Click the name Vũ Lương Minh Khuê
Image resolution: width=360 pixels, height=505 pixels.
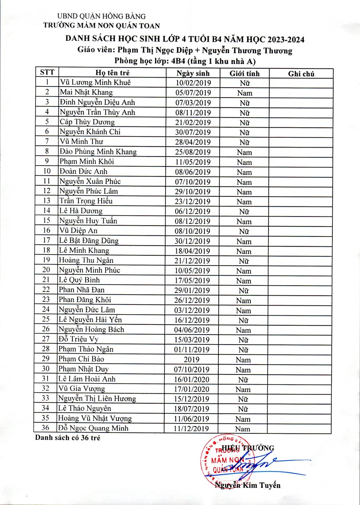click(95, 83)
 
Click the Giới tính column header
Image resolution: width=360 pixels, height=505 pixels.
click(244, 73)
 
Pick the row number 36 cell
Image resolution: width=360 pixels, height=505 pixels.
click(47, 428)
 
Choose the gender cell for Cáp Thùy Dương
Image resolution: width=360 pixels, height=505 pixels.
click(244, 122)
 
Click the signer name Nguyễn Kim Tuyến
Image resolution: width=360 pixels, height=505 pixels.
click(247, 485)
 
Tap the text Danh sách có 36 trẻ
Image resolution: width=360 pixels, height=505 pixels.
click(67, 437)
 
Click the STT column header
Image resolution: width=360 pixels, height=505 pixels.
click(47, 73)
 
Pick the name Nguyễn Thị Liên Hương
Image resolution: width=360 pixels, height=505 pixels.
click(97, 399)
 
